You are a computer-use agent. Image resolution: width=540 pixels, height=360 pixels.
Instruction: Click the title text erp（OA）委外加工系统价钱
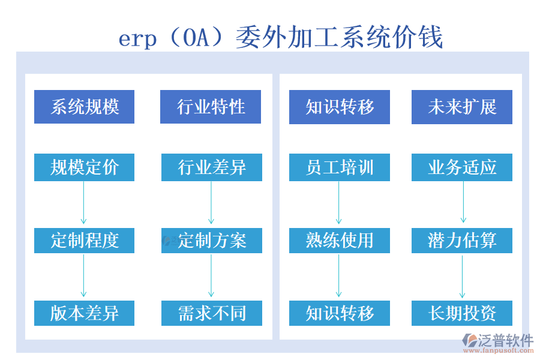tap(280, 37)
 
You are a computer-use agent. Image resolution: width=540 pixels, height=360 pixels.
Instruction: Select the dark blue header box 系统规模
tap(84, 107)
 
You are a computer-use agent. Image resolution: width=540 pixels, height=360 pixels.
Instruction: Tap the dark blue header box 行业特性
tap(211, 107)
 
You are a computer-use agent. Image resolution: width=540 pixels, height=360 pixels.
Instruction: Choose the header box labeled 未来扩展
tap(461, 107)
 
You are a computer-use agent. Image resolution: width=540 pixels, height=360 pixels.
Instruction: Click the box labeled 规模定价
tap(84, 167)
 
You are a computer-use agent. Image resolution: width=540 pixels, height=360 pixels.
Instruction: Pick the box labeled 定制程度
tap(84, 241)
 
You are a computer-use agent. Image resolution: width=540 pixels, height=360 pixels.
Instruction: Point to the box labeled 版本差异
tap(84, 313)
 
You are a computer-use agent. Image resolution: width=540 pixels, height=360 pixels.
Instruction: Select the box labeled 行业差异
tap(211, 167)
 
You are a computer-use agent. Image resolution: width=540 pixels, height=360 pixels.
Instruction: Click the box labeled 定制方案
tap(211, 241)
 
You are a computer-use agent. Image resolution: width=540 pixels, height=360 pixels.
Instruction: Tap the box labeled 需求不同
tap(211, 313)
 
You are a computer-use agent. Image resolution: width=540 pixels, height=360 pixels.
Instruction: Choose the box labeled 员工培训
tap(339, 167)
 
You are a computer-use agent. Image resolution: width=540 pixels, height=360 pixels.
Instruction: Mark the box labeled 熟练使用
tap(339, 241)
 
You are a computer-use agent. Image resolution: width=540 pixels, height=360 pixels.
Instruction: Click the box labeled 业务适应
tap(461, 167)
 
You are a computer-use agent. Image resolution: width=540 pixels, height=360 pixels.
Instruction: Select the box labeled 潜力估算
tap(461, 241)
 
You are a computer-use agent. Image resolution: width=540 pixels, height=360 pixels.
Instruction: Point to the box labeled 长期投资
tap(461, 313)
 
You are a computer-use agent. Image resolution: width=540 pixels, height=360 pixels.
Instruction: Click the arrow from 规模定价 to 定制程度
tap(84, 204)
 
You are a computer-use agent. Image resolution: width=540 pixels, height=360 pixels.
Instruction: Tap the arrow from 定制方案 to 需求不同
tap(211, 277)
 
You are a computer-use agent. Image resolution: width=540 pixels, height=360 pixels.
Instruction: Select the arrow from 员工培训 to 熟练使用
tap(339, 204)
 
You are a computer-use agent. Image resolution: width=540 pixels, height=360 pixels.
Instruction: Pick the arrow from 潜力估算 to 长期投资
tap(462, 277)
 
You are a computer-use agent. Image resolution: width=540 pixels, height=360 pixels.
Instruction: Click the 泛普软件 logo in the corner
tap(497, 343)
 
